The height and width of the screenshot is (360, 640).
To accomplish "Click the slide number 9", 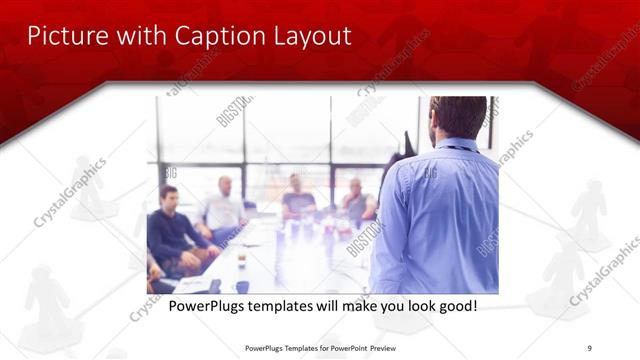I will point(589,348).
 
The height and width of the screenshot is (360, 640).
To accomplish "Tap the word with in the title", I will point(138,36).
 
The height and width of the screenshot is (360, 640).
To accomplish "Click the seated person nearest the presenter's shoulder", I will point(356,203).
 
